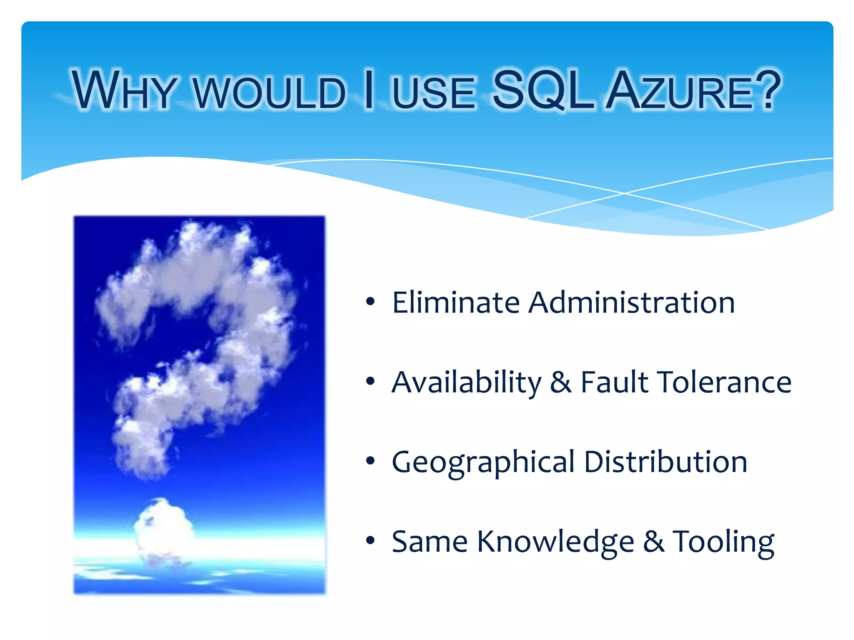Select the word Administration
631,302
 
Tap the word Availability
466,382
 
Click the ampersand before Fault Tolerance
560,382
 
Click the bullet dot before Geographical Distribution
370,461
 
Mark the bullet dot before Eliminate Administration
370,302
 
